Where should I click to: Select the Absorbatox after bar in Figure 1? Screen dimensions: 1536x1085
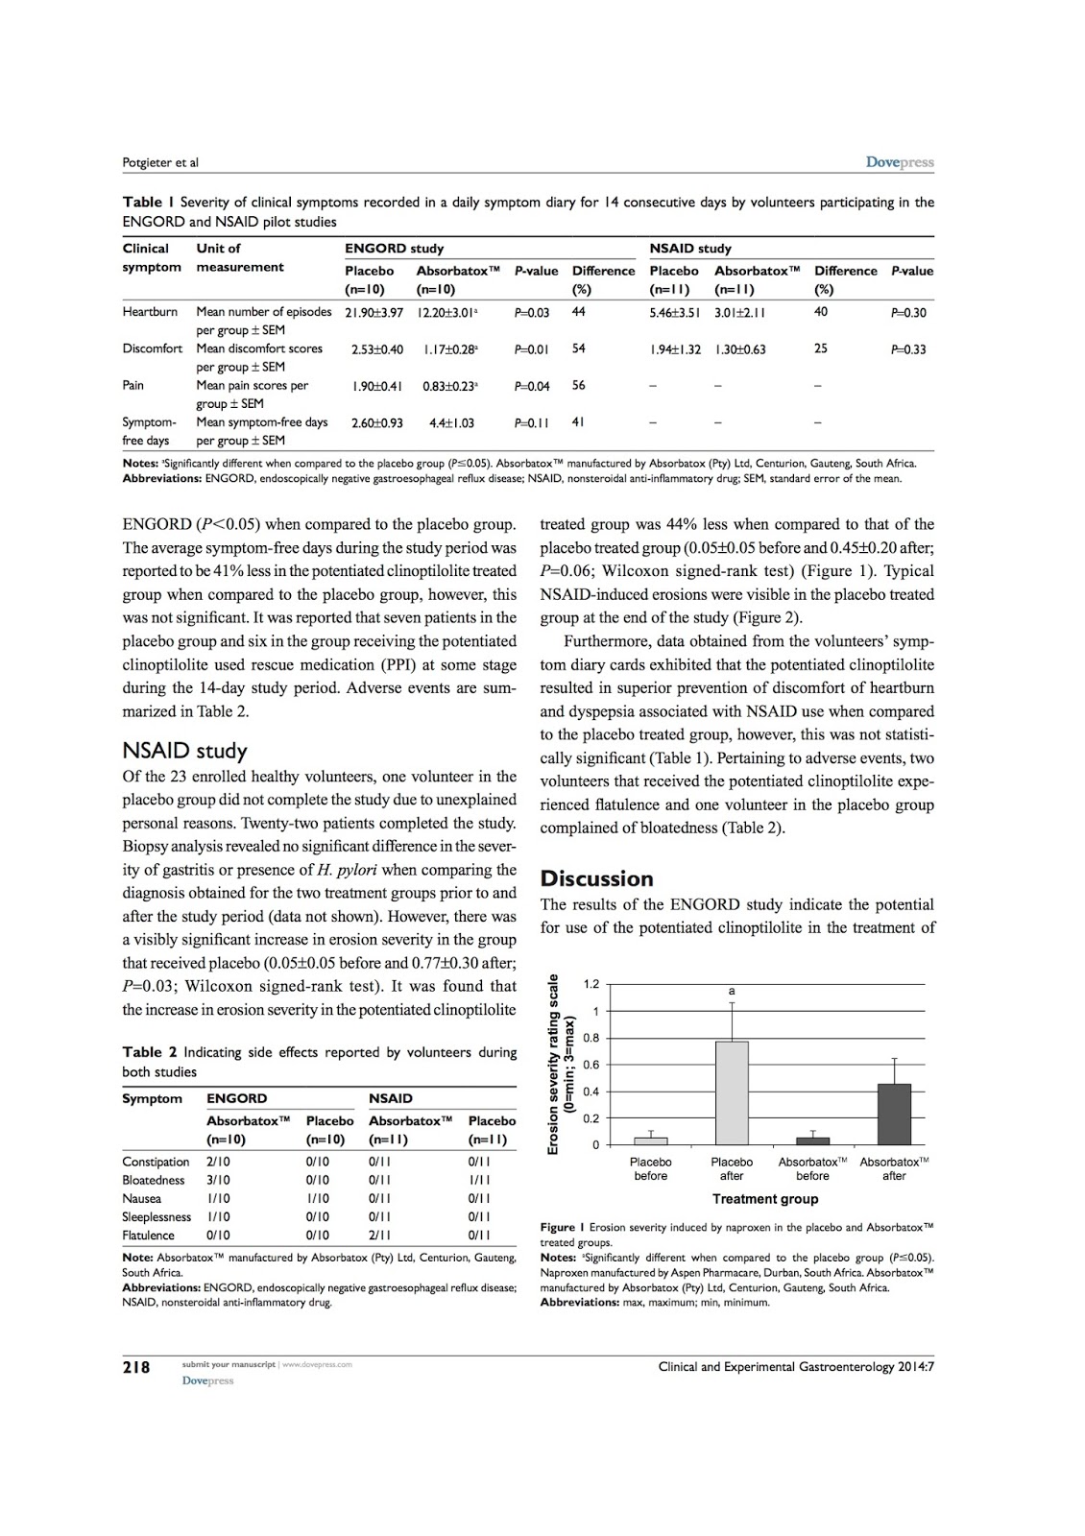894,1114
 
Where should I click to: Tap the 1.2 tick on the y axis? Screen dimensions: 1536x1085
591,984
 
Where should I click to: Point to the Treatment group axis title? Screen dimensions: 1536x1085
765,1198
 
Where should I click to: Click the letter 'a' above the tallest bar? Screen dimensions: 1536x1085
732,990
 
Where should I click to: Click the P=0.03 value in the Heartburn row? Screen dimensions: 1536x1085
532,312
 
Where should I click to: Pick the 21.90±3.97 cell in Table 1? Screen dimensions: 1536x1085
374,312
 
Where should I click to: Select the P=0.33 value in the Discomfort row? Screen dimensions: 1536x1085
908,348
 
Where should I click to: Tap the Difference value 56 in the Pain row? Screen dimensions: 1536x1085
579,385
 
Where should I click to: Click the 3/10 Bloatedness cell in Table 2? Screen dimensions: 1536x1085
219,1180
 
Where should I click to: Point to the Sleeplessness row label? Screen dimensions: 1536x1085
157,1216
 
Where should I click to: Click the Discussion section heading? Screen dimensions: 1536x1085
596,878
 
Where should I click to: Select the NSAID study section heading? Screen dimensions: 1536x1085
184,751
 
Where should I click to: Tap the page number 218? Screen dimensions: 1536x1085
136,1367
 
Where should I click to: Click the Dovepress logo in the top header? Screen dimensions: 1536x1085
900,162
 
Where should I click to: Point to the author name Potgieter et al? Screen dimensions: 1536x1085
160,162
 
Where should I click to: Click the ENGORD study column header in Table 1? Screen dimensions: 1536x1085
394,248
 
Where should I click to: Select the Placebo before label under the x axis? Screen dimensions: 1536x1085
651,1168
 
